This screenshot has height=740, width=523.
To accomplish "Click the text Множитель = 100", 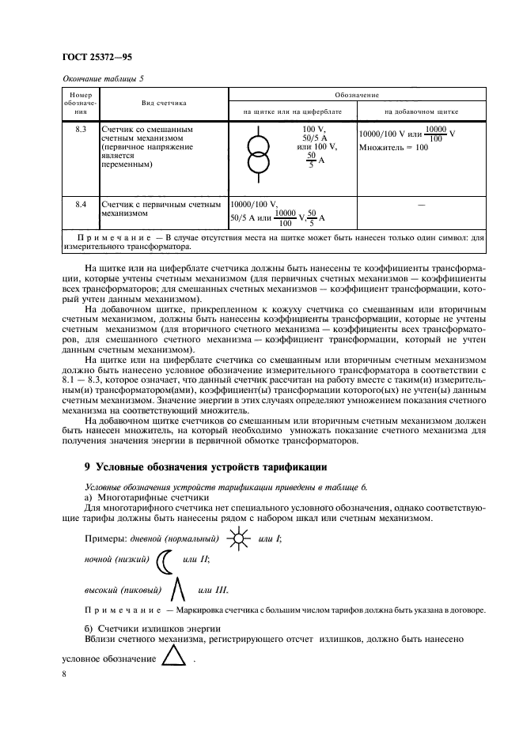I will [x=393, y=147].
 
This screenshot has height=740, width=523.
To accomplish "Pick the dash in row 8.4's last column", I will [x=421, y=205].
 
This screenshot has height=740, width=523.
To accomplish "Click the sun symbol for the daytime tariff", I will [x=236, y=539].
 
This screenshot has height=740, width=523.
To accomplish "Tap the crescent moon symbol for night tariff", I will [x=164, y=561].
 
